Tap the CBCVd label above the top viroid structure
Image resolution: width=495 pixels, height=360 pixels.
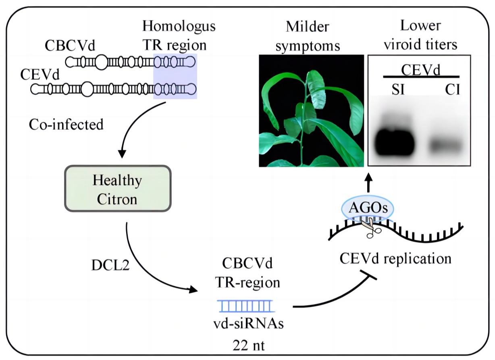(70, 46)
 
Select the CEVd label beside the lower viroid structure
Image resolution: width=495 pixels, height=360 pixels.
(39, 75)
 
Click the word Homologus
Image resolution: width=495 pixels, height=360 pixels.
(179, 27)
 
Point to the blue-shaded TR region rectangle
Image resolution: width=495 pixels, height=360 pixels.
(175, 76)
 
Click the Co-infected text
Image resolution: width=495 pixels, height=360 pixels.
(66, 124)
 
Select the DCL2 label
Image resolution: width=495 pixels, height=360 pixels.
(104, 265)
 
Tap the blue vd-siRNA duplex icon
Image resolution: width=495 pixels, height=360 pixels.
(245, 306)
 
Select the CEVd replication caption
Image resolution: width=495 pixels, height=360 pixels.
(394, 258)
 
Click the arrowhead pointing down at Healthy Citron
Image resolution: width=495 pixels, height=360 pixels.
(121, 154)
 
